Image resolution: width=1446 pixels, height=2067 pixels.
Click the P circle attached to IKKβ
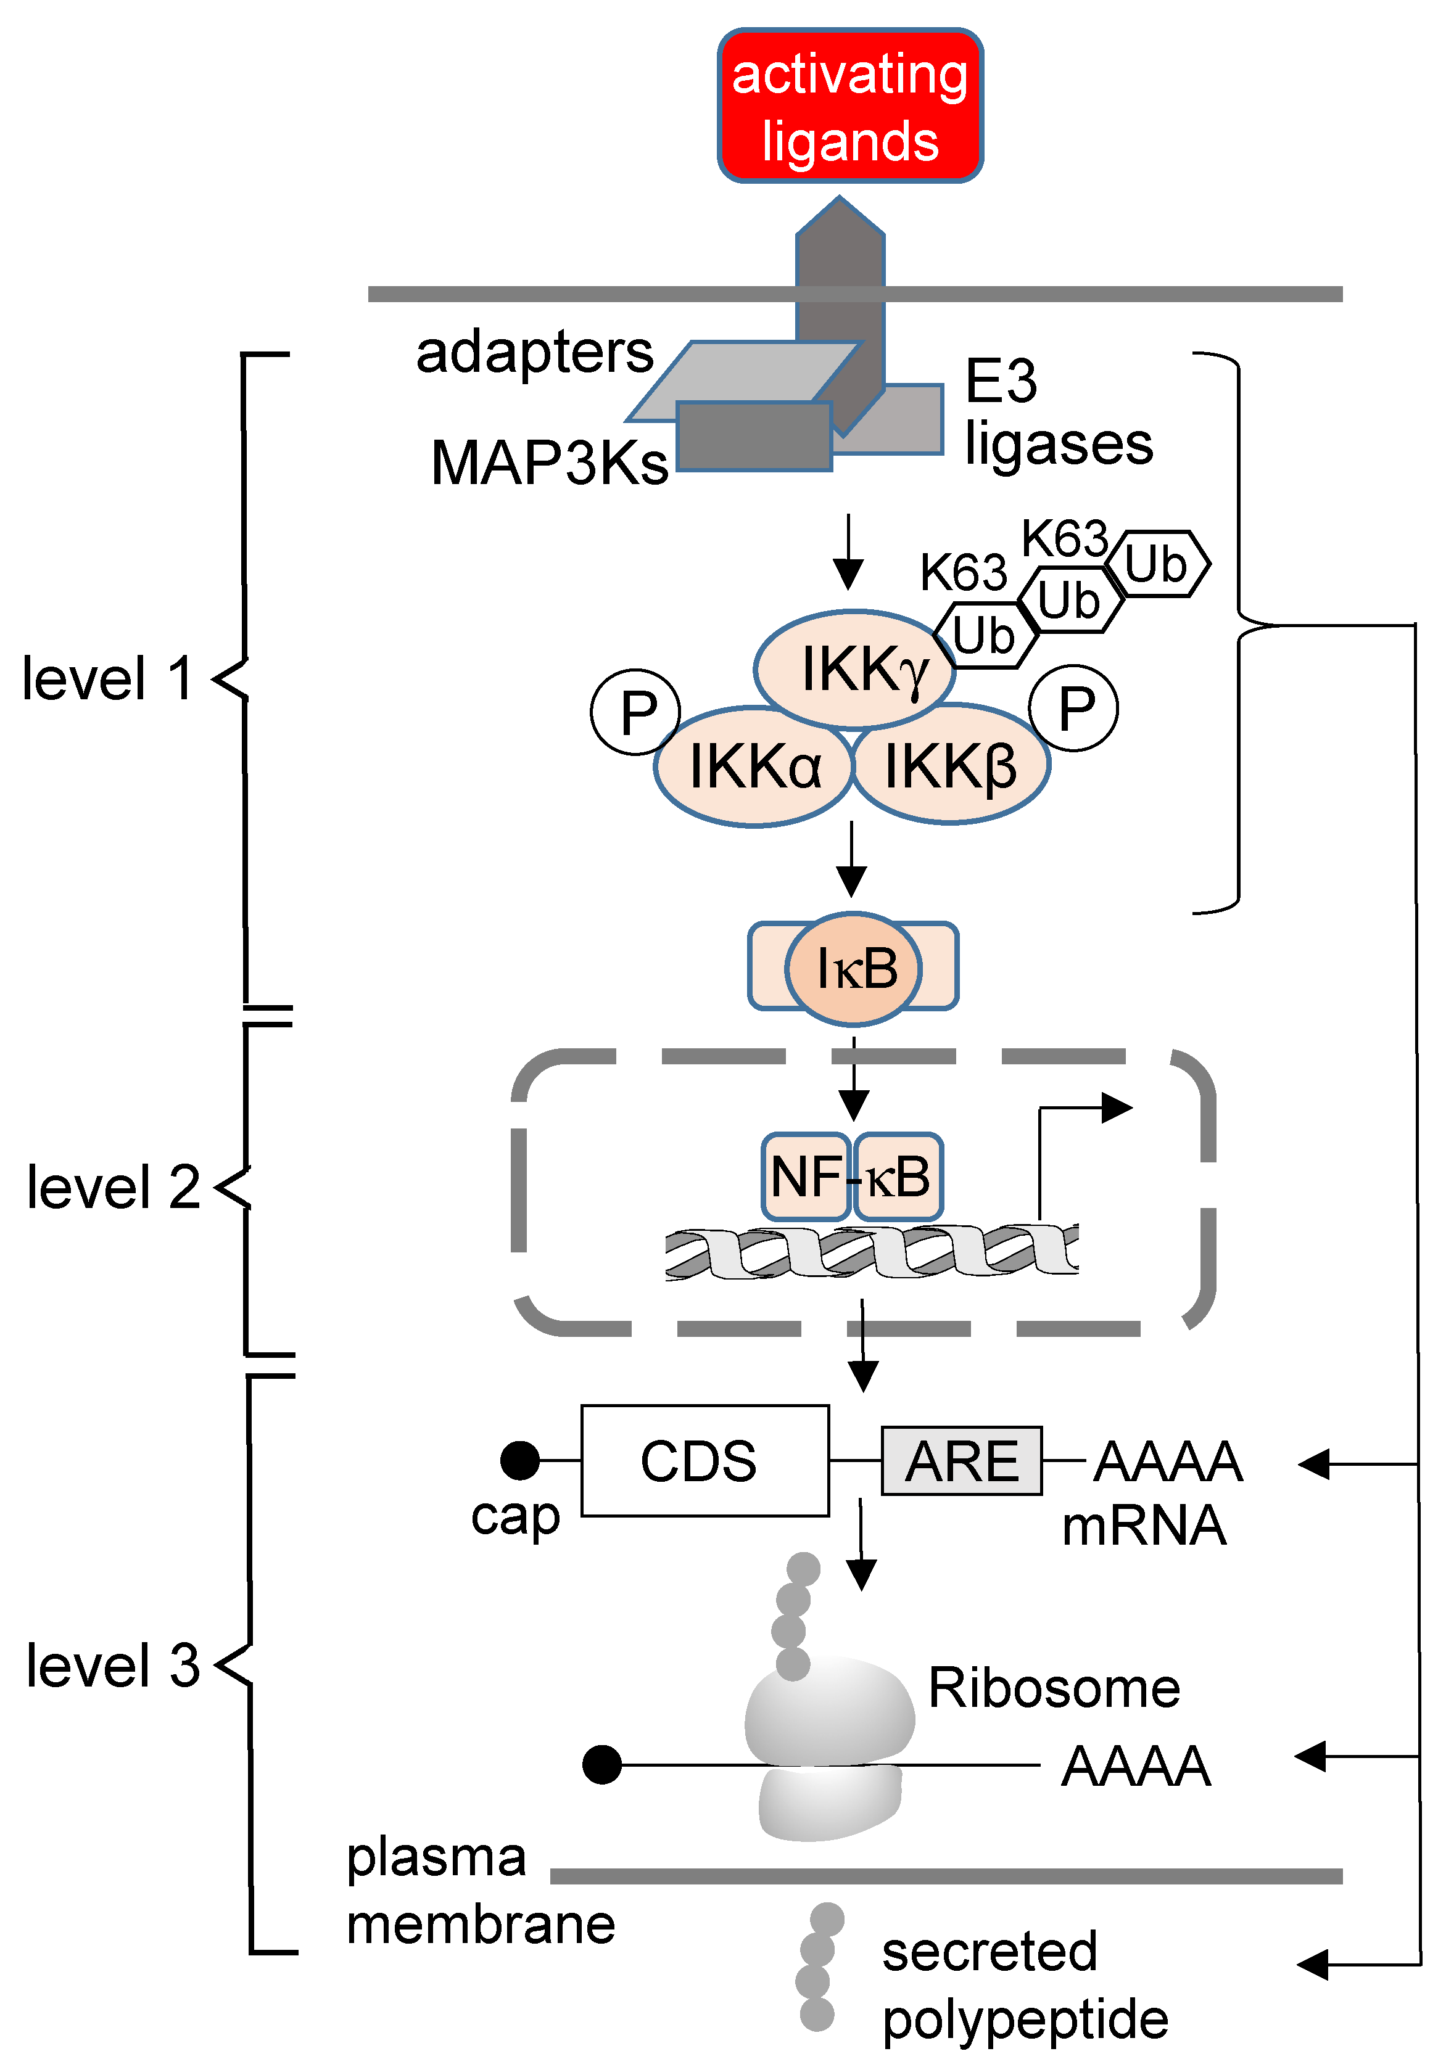tap(1074, 708)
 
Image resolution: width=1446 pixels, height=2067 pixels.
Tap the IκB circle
tap(854, 969)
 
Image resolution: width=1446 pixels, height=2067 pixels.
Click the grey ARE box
tap(961, 1460)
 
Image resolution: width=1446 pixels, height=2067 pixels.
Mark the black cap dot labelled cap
tap(519, 1460)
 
